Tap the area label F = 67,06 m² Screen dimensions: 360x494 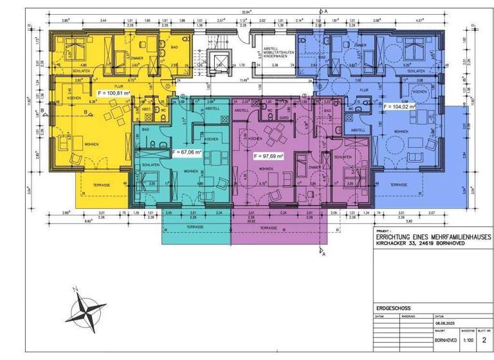click(x=187, y=152)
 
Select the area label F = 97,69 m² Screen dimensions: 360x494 click(x=268, y=156)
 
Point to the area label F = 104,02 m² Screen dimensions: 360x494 click(x=406, y=107)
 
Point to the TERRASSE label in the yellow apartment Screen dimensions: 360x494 click(x=101, y=184)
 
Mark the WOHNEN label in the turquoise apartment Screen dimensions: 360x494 click(x=190, y=172)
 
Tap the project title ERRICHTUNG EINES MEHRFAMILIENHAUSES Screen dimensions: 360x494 click(x=434, y=237)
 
